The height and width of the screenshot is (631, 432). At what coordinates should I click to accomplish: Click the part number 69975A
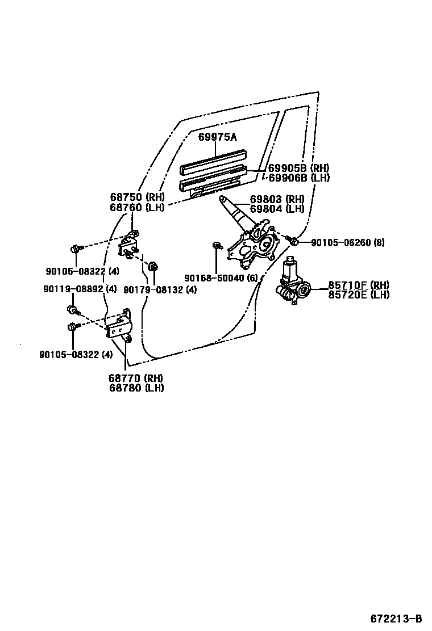[217, 137]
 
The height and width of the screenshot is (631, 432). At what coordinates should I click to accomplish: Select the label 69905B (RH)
[298, 168]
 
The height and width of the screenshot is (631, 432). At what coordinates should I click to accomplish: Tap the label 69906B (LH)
[298, 178]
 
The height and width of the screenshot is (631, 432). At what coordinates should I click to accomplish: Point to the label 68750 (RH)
[137, 197]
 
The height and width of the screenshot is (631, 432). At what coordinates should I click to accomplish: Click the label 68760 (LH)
[137, 207]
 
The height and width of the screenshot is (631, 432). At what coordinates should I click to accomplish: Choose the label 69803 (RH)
[277, 199]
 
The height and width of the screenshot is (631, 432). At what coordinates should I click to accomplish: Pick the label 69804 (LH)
[277, 209]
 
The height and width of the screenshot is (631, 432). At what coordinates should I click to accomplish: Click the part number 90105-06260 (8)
[348, 243]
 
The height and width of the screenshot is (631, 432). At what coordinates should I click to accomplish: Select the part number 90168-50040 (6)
[221, 277]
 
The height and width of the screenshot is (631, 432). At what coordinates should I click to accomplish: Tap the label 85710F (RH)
[358, 285]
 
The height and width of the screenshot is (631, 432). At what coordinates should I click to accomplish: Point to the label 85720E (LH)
[358, 295]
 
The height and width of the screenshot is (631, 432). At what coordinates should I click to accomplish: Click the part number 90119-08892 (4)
[80, 289]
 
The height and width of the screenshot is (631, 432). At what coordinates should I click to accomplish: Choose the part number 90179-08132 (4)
[160, 289]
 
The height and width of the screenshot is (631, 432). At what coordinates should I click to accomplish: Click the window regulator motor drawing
[293, 284]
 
